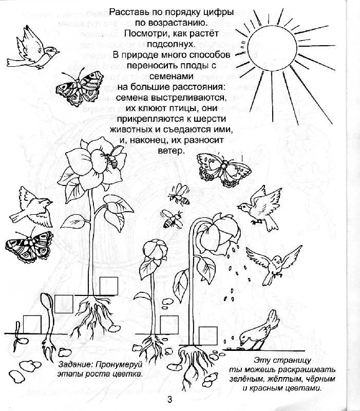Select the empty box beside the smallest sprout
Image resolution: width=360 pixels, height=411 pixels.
[x=32, y=322]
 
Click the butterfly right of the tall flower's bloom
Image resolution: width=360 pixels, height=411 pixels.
[x=218, y=166]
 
